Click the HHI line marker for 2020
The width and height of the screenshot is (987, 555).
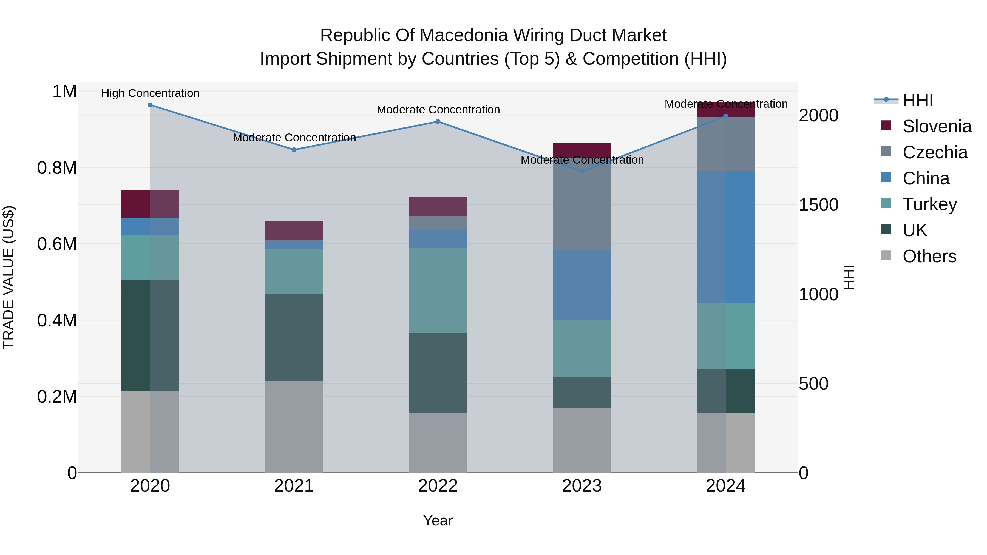coord(150,105)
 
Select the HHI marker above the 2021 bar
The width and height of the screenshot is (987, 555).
coord(294,150)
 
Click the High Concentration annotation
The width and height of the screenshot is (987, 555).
coord(150,93)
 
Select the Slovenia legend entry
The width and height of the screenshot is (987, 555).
coord(937,126)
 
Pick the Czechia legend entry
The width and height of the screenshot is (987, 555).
coord(935,152)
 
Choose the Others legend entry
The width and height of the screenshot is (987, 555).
coord(929,256)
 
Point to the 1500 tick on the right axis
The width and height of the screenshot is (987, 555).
coord(818,205)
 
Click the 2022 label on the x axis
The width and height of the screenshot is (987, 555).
coord(438,486)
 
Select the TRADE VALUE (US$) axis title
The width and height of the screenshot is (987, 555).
coord(8,277)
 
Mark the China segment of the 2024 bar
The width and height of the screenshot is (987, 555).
coord(726,237)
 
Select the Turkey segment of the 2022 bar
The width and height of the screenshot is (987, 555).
coord(438,290)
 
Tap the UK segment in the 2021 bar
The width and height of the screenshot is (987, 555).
coord(294,337)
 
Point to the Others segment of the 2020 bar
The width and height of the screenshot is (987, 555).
coord(150,431)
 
